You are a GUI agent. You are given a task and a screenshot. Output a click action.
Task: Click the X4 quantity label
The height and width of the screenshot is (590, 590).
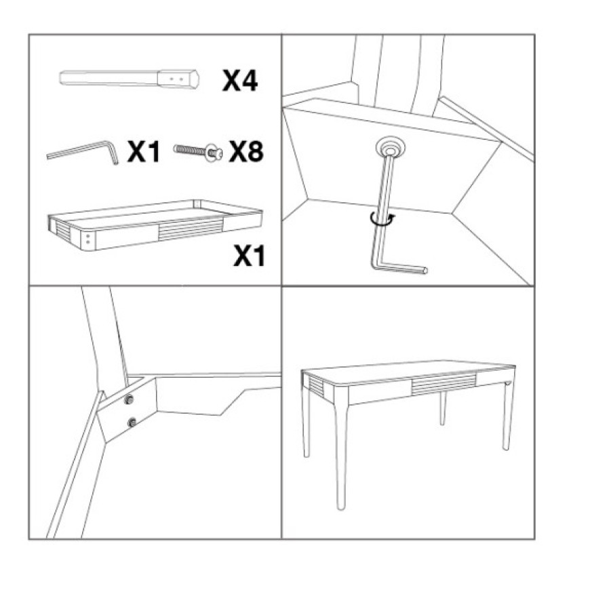[x=240, y=81]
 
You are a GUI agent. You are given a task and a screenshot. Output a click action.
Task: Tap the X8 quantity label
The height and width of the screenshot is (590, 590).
[x=246, y=151]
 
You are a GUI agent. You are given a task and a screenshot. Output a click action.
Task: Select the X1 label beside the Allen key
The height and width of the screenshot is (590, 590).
[x=144, y=151]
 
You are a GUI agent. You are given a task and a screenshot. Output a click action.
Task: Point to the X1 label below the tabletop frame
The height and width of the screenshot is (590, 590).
[x=249, y=256]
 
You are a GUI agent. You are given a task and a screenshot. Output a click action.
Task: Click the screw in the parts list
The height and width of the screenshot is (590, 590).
[x=198, y=151]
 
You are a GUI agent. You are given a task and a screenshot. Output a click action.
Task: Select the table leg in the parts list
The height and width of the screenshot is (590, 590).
[x=129, y=79]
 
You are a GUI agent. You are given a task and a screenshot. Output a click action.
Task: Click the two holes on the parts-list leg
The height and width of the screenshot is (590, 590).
[x=176, y=79]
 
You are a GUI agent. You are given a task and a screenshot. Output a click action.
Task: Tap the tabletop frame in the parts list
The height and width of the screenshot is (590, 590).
[x=155, y=225]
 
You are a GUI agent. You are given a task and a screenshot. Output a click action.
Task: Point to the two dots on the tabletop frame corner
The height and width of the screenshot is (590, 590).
[x=88, y=239]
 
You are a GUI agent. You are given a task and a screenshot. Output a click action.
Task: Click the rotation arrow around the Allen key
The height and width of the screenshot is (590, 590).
[x=382, y=219]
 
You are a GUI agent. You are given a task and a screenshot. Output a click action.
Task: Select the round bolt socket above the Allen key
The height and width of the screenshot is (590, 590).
[x=391, y=148]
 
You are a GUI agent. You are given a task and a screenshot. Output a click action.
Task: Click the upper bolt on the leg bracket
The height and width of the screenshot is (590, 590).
[x=129, y=400]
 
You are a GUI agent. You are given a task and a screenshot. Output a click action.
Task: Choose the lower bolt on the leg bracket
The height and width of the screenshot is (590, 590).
[x=132, y=422]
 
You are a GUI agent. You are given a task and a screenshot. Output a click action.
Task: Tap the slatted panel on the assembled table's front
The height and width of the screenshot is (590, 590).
[x=444, y=384]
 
